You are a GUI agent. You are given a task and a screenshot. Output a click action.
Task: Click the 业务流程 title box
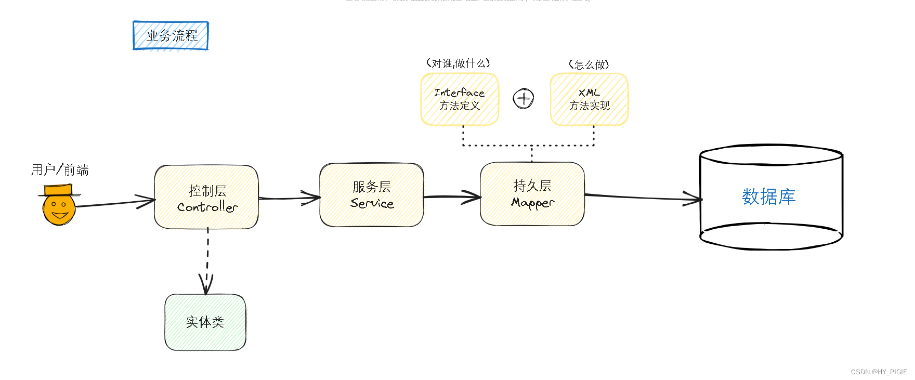click(171, 35)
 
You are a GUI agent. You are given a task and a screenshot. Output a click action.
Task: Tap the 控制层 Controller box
click(206, 198)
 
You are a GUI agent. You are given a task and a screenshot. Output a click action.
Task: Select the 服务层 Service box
click(372, 195)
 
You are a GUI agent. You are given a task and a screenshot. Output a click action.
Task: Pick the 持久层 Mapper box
click(532, 194)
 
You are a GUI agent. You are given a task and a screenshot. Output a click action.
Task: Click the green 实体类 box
click(205, 322)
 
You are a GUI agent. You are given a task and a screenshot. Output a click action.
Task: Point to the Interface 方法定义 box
click(460, 99)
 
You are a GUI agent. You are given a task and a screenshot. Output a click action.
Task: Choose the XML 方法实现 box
click(589, 99)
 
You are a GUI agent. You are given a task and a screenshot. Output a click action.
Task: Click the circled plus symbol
click(524, 98)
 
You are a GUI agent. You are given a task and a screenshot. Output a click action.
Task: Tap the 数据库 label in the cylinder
click(768, 196)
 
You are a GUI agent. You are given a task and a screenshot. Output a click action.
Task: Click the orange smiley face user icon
click(59, 209)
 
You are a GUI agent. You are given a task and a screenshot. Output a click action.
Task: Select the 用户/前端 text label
click(59, 169)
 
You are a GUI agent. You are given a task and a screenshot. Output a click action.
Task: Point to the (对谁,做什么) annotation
click(458, 63)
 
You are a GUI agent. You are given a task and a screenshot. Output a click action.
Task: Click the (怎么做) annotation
click(589, 64)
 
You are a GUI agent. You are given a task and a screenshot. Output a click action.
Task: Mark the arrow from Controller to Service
click(289, 198)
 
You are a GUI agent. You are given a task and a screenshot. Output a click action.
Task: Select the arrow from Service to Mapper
click(452, 197)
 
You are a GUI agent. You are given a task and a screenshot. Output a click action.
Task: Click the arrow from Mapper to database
click(643, 197)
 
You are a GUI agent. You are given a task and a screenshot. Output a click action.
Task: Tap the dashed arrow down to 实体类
click(207, 260)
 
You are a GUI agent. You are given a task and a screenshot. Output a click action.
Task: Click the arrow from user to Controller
click(114, 203)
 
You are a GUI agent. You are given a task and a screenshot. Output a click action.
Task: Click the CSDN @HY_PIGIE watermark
click(879, 372)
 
